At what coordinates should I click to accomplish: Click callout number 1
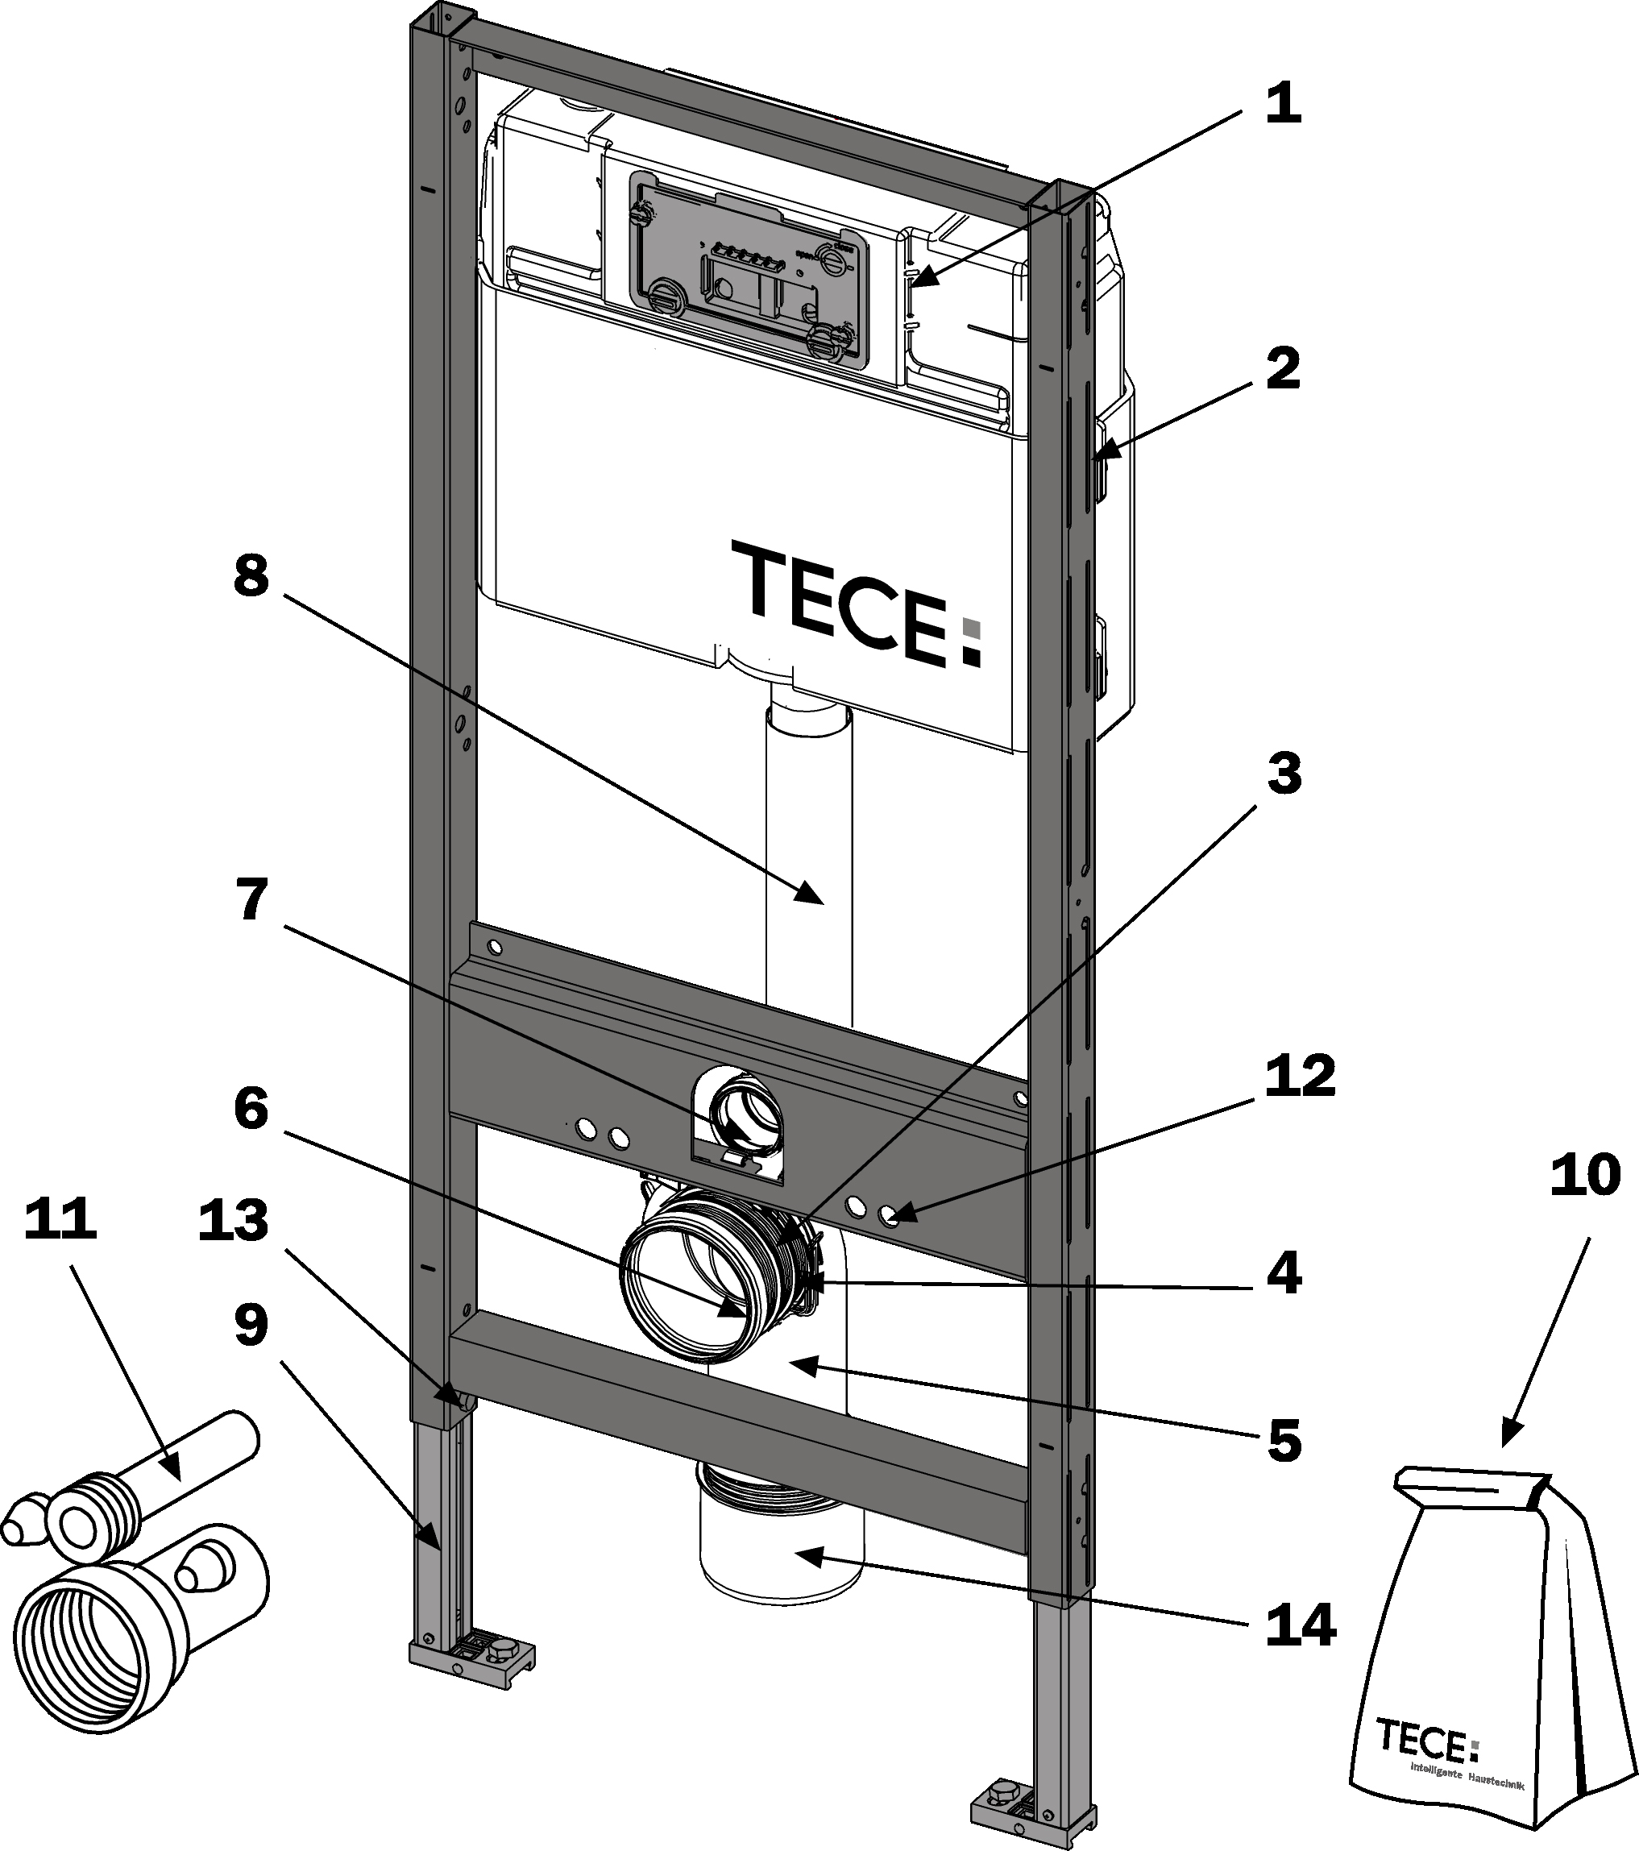1282,103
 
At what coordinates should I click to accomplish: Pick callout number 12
1301,1075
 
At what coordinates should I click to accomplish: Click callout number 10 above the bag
1585,1175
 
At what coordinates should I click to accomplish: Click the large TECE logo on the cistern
857,602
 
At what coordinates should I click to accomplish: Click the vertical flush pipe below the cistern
809,851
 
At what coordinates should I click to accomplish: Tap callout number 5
1283,1440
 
